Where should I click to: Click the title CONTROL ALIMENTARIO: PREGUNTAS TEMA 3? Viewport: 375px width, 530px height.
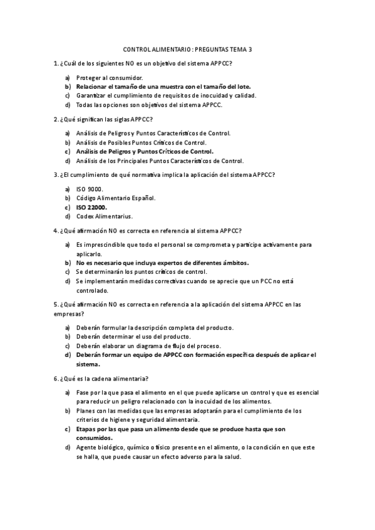tap(187, 50)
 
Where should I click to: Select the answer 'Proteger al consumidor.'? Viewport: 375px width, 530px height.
tap(110, 77)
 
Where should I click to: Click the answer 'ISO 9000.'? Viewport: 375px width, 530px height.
tap(90, 189)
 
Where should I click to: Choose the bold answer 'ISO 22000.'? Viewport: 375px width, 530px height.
tap(91, 207)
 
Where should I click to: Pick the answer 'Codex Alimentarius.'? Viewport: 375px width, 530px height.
tap(105, 216)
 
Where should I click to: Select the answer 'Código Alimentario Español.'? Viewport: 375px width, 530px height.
tap(116, 197)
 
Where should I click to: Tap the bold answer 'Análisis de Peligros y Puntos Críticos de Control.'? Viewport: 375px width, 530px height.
tap(145, 151)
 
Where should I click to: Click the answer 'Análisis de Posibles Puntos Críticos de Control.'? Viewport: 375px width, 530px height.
tap(141, 142)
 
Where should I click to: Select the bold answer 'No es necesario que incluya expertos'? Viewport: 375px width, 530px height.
tap(162, 262)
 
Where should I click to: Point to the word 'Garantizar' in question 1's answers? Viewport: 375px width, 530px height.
tap(90, 96)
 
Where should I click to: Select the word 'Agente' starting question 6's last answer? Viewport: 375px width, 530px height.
tap(87, 447)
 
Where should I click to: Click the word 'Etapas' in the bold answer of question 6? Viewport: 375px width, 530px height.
tap(87, 429)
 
